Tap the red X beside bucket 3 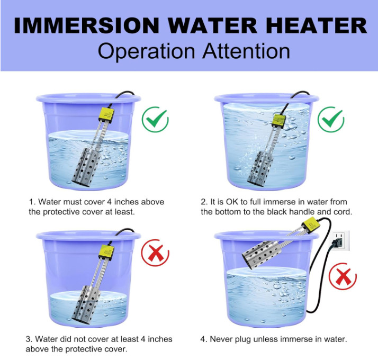[x=155, y=254]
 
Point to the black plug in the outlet [x=334, y=245]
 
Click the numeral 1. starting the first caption [x=32, y=202]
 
